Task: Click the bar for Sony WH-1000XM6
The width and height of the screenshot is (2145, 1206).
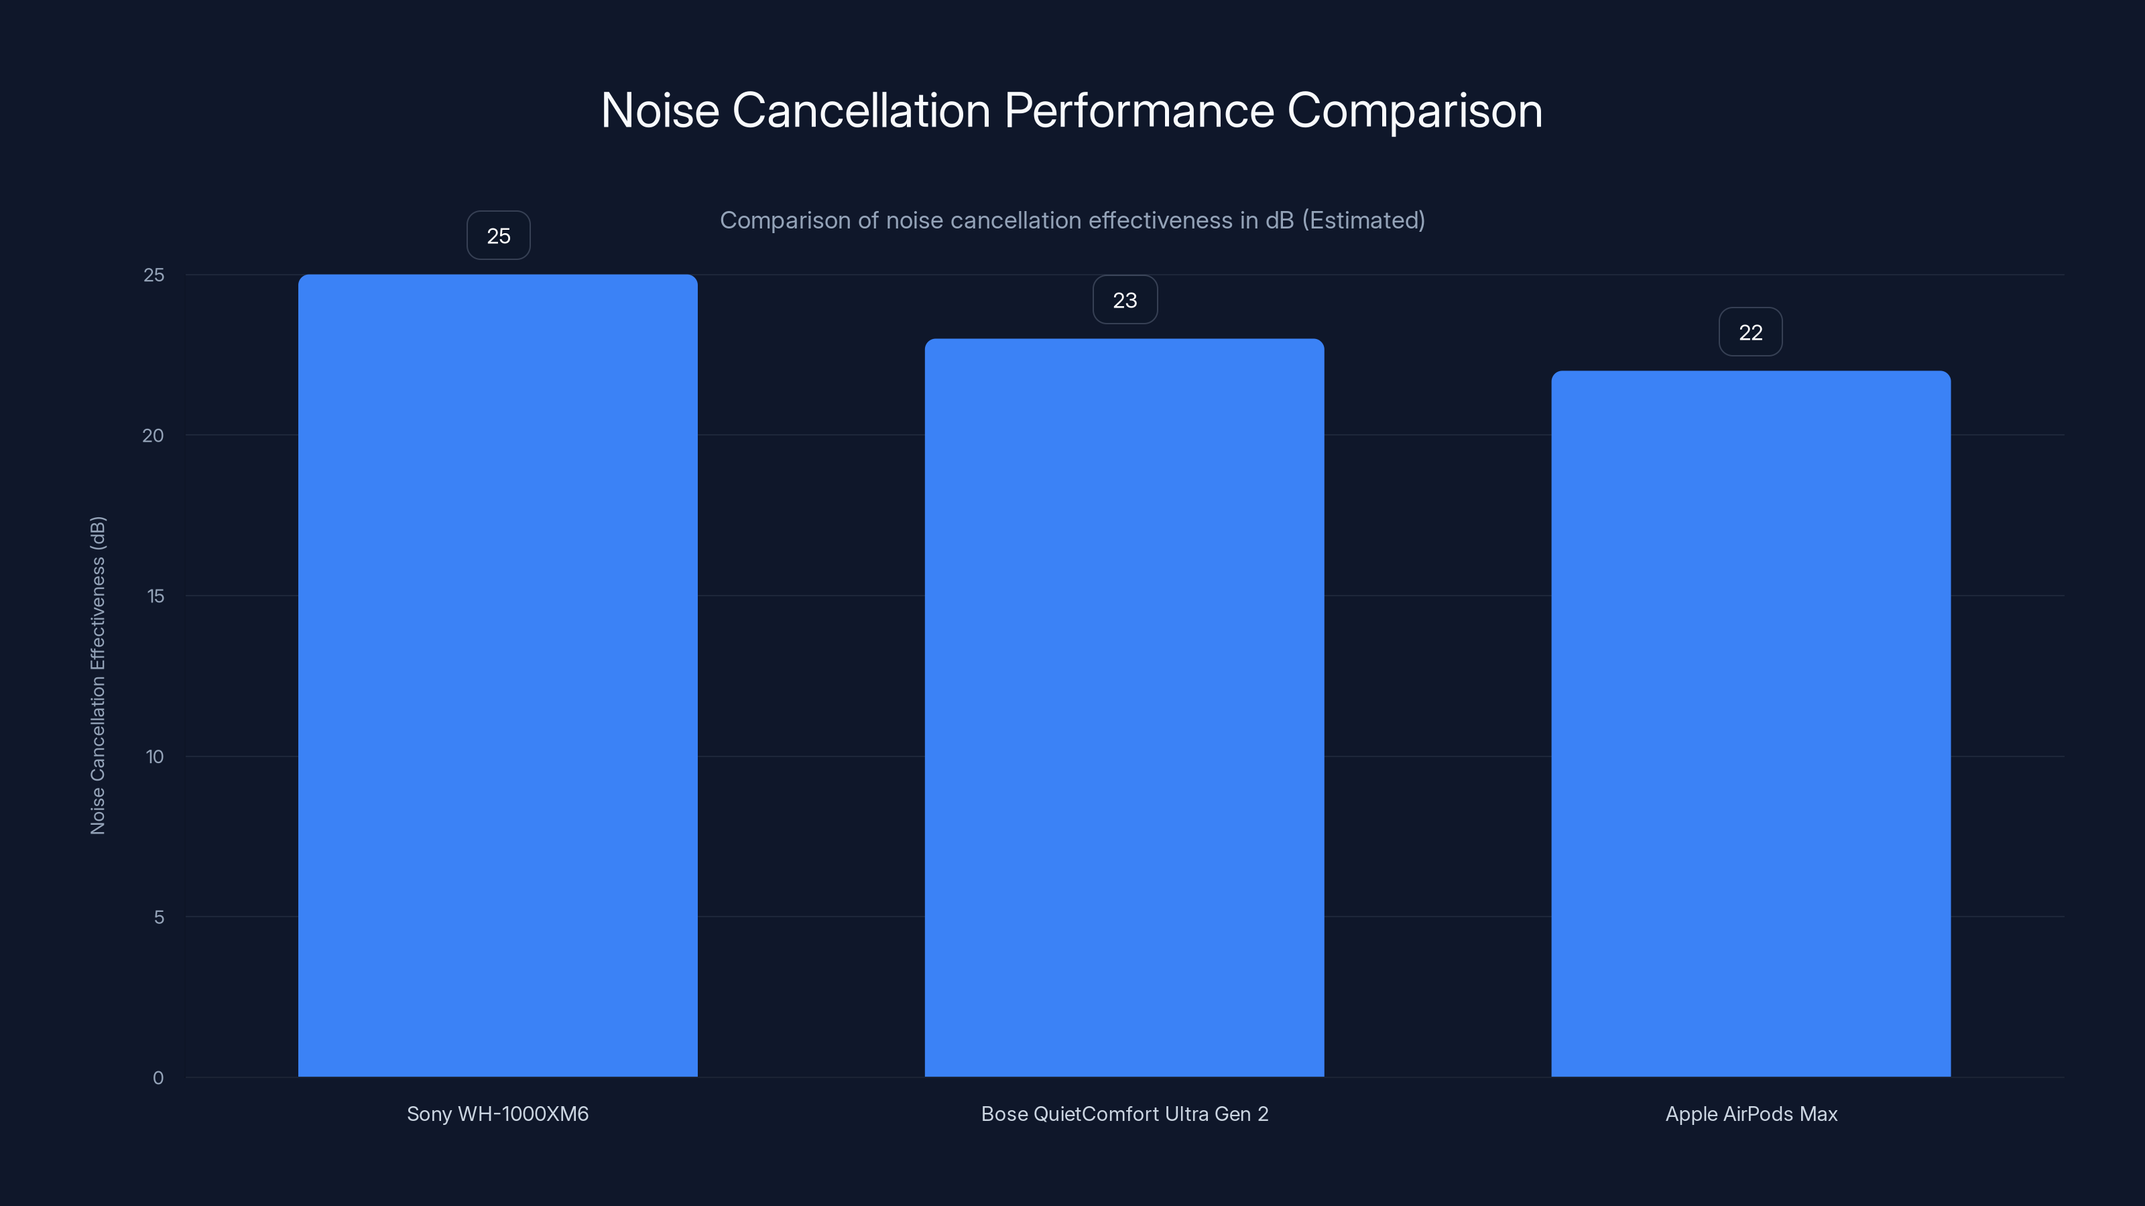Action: [498, 675]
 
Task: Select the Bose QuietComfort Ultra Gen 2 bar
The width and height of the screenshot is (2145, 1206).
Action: [1124, 708]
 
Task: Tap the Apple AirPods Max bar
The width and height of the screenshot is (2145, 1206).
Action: [1750, 724]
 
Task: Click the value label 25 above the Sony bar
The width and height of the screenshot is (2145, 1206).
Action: [498, 236]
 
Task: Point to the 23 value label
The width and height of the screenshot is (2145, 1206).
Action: [1125, 299]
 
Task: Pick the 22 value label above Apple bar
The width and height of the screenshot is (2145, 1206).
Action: [1750, 332]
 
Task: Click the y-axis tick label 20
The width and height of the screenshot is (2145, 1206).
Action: [154, 435]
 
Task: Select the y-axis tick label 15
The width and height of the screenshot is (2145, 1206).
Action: [155, 596]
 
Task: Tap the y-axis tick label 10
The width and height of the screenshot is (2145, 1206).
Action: [155, 756]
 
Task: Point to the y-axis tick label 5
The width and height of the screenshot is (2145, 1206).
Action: [158, 917]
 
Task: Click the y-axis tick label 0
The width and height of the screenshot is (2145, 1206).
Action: [158, 1078]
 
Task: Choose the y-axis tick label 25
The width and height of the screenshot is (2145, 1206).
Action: [154, 275]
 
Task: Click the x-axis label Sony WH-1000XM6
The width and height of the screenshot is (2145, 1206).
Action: [497, 1114]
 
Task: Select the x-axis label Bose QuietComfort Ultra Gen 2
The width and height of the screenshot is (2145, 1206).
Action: [1124, 1114]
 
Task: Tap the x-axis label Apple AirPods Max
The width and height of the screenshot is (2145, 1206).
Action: [1751, 1114]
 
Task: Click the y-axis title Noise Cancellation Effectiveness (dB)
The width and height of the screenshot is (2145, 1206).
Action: [97, 675]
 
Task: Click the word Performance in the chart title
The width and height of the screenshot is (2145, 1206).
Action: [1139, 111]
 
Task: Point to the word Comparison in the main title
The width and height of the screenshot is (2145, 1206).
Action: [1415, 111]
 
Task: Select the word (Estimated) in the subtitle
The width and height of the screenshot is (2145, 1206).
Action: [1363, 220]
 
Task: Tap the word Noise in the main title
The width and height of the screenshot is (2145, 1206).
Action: [660, 111]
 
